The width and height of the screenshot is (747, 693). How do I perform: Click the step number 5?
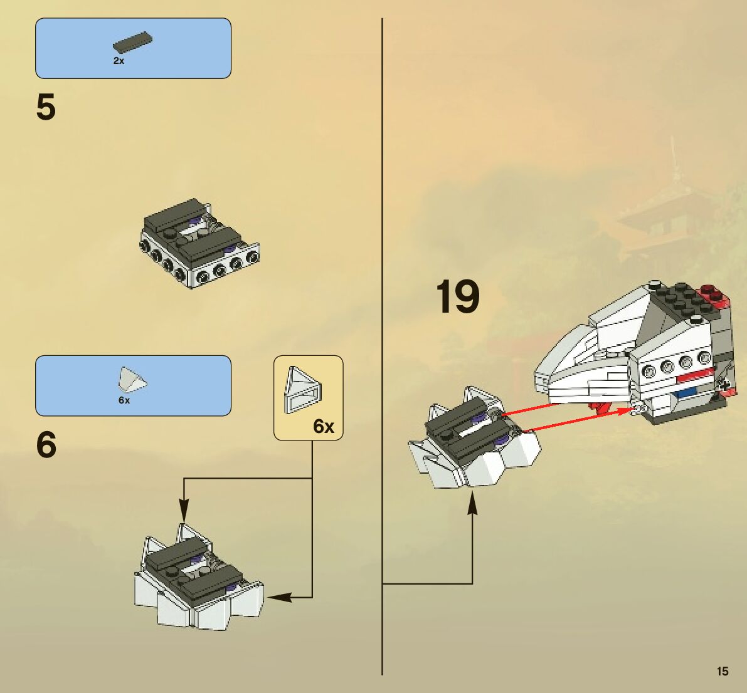(x=46, y=108)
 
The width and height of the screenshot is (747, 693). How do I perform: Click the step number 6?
(x=46, y=445)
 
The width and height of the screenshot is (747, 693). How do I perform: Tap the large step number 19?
(x=457, y=297)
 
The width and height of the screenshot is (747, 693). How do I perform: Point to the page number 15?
(x=723, y=671)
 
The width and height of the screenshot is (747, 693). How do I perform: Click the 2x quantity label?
(x=119, y=61)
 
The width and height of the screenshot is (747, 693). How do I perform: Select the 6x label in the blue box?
(x=124, y=400)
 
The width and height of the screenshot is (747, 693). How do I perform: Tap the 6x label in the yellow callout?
(x=324, y=427)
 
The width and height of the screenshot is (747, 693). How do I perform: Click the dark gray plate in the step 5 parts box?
(x=133, y=41)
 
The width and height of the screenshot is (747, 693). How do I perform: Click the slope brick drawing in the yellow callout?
(x=303, y=390)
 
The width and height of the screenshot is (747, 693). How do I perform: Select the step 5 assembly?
(x=199, y=243)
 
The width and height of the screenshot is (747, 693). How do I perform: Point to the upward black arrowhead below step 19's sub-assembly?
(x=472, y=505)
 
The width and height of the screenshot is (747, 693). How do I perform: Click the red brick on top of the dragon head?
(x=713, y=295)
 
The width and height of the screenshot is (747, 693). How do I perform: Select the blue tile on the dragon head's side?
(x=688, y=393)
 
